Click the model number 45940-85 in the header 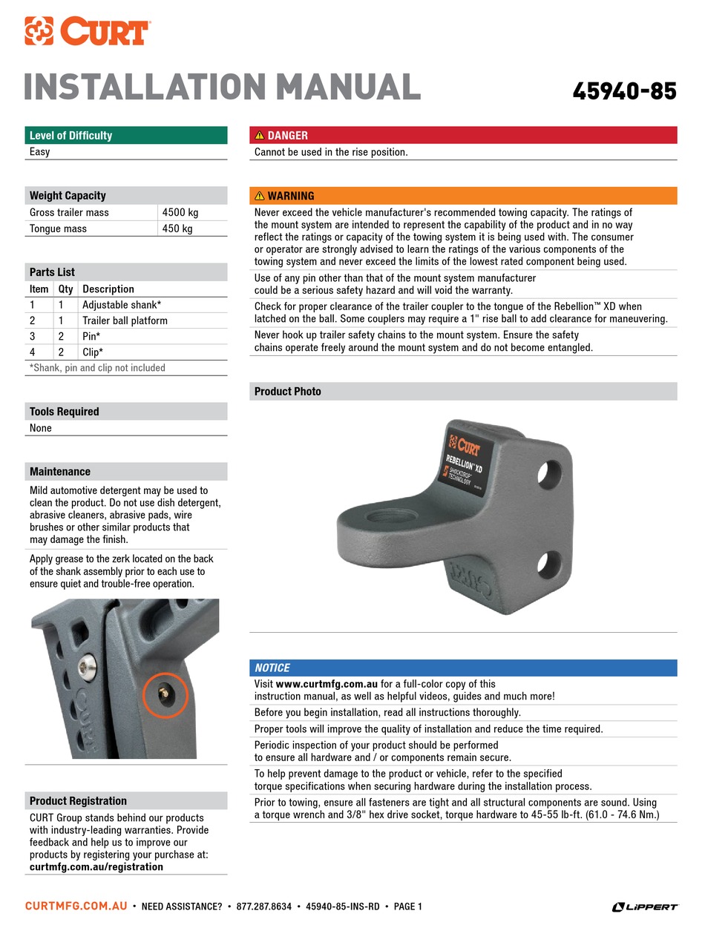(624, 91)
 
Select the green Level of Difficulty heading (70, 135)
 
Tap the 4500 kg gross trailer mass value (180, 212)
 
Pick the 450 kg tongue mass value (177, 228)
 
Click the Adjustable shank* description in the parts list (122, 305)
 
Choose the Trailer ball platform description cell (125, 320)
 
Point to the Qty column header (65, 289)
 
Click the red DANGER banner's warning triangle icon (260, 135)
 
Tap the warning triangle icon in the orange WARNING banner (260, 196)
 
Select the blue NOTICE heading (272, 668)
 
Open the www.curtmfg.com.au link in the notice (327, 684)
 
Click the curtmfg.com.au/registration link (96, 866)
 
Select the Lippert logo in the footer (645, 906)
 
